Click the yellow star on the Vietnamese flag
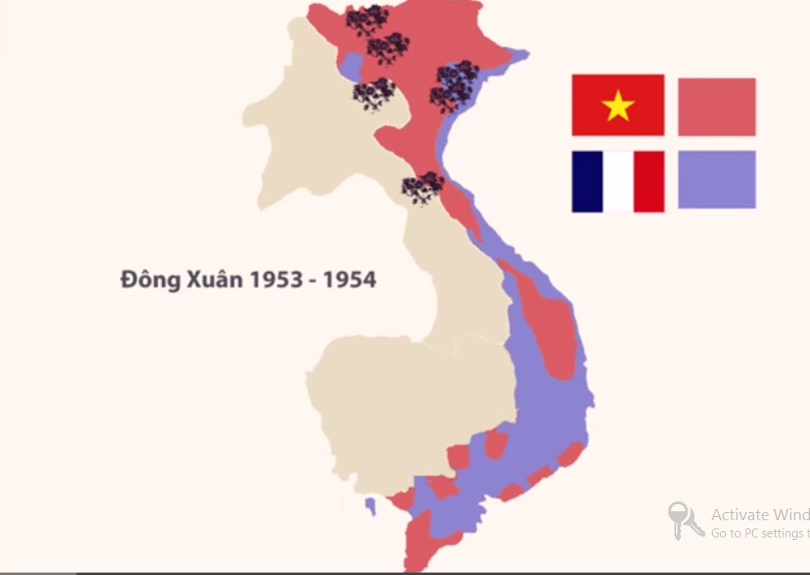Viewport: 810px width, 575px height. click(618, 106)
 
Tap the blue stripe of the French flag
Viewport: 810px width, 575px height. click(587, 181)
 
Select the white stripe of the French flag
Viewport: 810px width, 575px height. click(618, 181)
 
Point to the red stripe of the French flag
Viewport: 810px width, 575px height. click(649, 181)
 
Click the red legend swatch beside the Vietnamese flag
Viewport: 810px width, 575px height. click(716, 106)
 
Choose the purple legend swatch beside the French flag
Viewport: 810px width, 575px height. click(716, 179)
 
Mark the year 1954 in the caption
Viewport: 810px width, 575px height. click(349, 279)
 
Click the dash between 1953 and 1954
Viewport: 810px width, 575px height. click(314, 281)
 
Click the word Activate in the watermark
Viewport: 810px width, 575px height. click(740, 515)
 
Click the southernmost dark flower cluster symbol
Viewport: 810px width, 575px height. click(422, 187)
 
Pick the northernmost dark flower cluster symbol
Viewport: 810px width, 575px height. click(367, 20)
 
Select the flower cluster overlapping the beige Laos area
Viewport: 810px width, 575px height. click(374, 94)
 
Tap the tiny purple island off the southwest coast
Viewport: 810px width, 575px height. click(371, 506)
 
